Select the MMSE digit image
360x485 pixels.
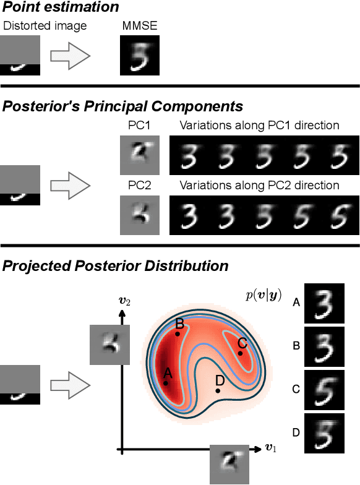[x=139, y=55]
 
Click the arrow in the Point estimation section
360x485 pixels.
[x=70, y=56]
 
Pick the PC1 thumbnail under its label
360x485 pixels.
[x=139, y=154]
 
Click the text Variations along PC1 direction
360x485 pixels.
[x=259, y=126]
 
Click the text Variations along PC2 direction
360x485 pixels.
[x=259, y=186]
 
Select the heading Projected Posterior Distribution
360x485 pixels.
[x=115, y=266]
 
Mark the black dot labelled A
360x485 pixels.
[x=166, y=384]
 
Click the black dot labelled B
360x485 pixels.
[x=178, y=333]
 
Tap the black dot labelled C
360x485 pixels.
[x=240, y=353]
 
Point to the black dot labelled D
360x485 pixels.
[x=218, y=391]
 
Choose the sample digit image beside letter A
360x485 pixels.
[x=324, y=304]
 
